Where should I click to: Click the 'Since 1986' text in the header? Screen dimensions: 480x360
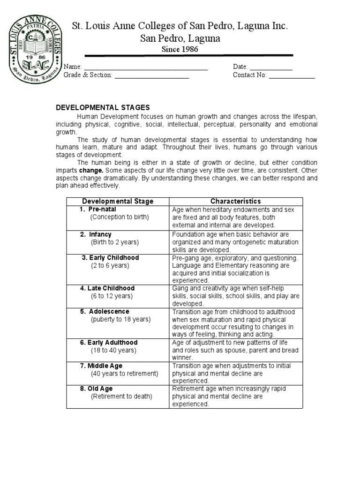[180, 49]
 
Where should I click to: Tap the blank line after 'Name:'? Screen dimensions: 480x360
[146, 68]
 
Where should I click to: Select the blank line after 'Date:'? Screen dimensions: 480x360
[271, 68]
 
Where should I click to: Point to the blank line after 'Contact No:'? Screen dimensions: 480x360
[292, 76]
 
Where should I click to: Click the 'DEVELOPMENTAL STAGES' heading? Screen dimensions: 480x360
[103, 107]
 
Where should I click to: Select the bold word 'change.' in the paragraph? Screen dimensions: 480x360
[91, 170]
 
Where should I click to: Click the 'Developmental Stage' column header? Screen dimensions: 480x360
[118, 202]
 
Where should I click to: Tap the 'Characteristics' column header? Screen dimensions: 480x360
[236, 202]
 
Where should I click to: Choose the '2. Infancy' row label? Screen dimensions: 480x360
[96, 234]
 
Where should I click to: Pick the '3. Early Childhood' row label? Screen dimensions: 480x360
[110, 258]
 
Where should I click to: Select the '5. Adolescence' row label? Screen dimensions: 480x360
[105, 312]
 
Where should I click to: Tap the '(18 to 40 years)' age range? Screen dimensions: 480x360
[113, 350]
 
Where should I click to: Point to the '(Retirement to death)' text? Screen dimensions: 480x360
[121, 397]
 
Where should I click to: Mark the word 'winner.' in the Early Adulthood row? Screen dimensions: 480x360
[182, 358]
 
